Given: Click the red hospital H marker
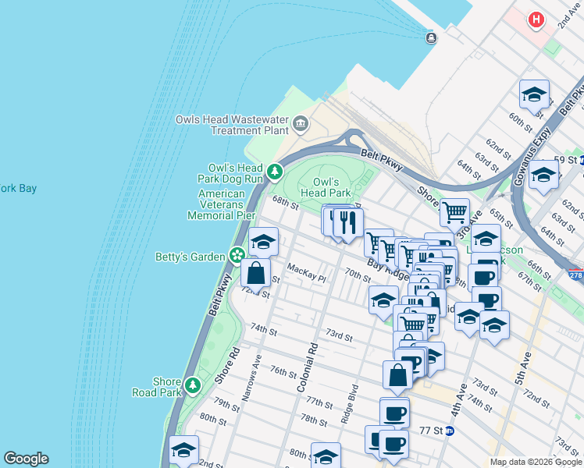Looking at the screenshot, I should point(536,19).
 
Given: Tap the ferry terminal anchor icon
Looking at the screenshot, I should point(431,37).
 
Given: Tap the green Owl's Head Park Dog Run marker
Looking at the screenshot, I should point(274,171).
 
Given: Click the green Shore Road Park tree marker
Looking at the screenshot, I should point(193,385).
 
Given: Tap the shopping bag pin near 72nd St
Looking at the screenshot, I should point(256,274).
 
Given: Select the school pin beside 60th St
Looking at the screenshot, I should point(534,95).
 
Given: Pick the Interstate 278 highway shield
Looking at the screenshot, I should point(575,275).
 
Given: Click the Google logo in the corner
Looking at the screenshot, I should point(26,459).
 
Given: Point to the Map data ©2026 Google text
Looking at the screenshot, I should point(536,462).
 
